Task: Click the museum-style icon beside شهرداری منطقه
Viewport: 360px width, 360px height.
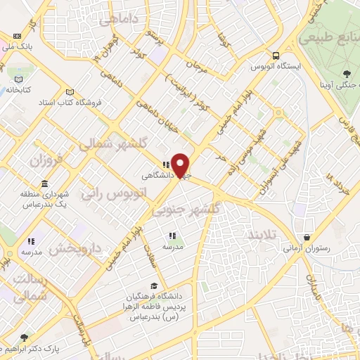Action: (x=45, y=184)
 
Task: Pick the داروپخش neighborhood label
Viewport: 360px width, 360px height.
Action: (x=78, y=248)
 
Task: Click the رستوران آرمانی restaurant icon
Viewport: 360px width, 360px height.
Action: (x=307, y=237)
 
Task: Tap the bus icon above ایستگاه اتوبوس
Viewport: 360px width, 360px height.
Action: (x=276, y=56)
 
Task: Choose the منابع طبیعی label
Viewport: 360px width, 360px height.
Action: (x=330, y=37)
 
